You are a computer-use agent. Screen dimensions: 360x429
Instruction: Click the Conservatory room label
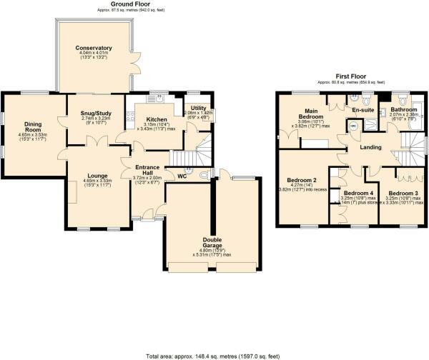[x=94, y=48]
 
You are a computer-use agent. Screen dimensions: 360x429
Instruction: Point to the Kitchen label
[x=157, y=119]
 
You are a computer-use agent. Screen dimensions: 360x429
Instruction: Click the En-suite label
[x=363, y=109]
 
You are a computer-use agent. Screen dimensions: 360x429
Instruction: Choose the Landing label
[x=370, y=148]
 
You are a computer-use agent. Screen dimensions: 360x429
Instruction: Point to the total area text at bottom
[x=214, y=355]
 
